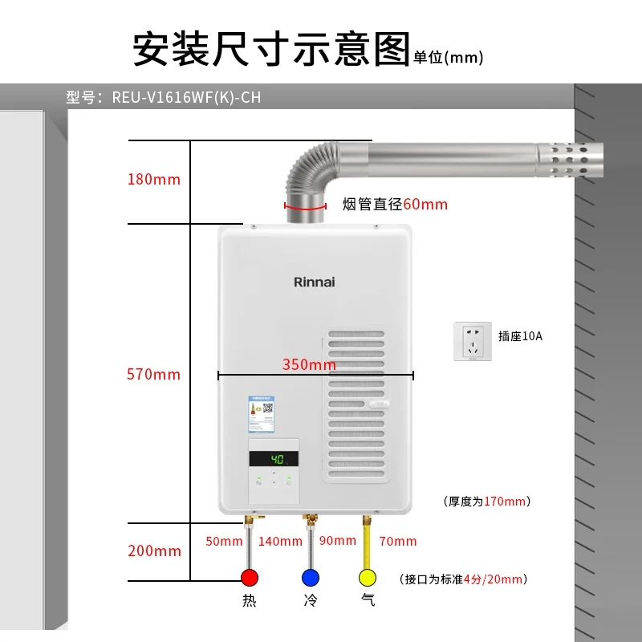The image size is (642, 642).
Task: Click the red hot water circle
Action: point(250,577)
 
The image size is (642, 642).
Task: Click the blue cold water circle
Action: point(310,577)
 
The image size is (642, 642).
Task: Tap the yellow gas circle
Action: point(368,577)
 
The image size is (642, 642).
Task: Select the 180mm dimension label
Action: point(154,179)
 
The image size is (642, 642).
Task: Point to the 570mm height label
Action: point(154,374)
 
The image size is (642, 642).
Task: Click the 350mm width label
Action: point(309,364)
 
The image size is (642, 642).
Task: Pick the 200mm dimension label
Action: point(154,551)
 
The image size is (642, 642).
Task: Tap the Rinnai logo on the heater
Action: point(314,282)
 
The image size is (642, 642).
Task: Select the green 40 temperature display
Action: point(274,459)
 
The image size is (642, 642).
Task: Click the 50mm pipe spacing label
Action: point(224,542)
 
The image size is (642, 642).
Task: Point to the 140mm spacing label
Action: point(280,542)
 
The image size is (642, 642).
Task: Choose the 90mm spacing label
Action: point(338,541)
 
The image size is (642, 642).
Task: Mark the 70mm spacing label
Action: point(398,542)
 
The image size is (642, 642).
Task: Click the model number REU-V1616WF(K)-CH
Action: point(186,98)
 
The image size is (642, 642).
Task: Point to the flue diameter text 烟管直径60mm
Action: point(395,205)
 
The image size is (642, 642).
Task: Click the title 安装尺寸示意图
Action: point(270,49)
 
